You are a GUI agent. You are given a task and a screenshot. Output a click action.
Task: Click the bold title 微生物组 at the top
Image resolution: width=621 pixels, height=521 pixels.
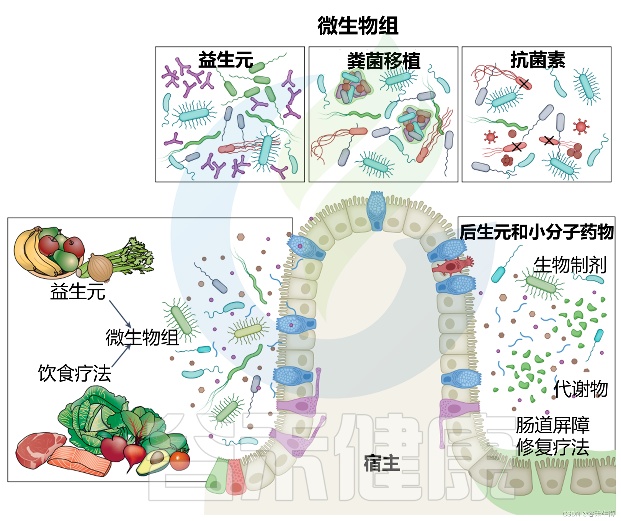coord(358,26)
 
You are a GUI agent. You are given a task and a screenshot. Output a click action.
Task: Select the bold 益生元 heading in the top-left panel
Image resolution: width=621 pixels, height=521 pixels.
coord(226,60)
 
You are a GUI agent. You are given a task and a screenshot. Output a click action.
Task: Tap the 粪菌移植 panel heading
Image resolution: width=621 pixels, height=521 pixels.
coord(383,61)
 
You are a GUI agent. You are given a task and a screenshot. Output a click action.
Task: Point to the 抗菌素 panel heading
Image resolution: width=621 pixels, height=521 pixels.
coord(538,60)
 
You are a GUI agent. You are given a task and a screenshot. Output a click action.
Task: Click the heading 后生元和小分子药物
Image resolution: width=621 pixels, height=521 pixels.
coord(536,232)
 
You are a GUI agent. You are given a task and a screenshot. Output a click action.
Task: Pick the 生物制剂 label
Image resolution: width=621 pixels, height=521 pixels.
coord(570,265)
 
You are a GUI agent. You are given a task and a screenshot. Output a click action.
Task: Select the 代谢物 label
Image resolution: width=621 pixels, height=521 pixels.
coord(581,389)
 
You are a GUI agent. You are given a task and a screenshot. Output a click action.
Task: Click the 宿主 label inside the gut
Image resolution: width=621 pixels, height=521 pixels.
coord(381,464)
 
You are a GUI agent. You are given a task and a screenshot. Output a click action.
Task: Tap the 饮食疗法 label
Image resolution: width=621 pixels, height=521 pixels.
coord(75,373)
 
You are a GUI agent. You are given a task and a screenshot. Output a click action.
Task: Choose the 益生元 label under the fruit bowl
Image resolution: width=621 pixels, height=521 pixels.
coord(78,292)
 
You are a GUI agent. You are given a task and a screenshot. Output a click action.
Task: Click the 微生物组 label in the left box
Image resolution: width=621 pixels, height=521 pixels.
coord(142,338)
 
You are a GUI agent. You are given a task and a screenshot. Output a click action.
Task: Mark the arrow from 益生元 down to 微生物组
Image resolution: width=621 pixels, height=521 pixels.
coord(120,314)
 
